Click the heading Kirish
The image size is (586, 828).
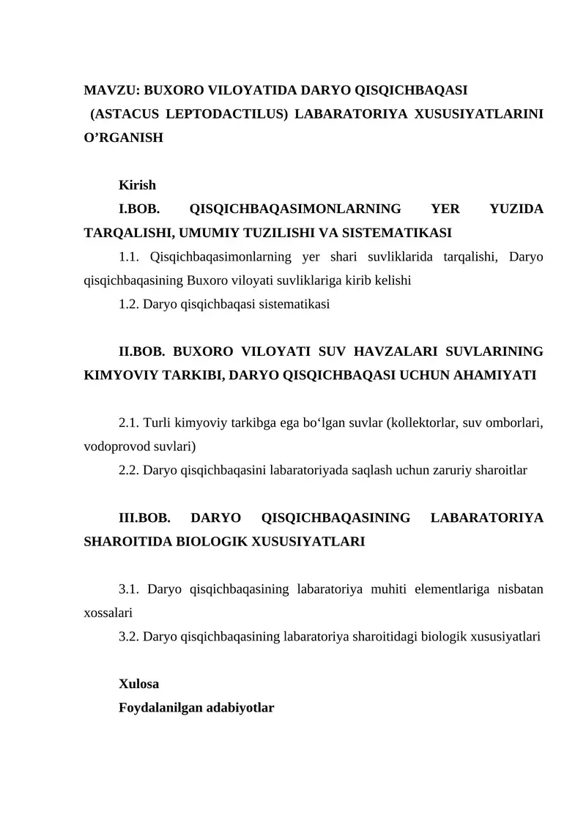[x=137, y=185]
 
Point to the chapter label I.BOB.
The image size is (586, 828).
[x=140, y=209]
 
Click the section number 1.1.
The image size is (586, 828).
[x=128, y=256]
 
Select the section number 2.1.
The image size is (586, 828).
[x=128, y=423]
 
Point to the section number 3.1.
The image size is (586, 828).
[x=128, y=590]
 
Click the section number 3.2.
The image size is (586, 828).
[x=128, y=637]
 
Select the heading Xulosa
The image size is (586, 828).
[x=138, y=685]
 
